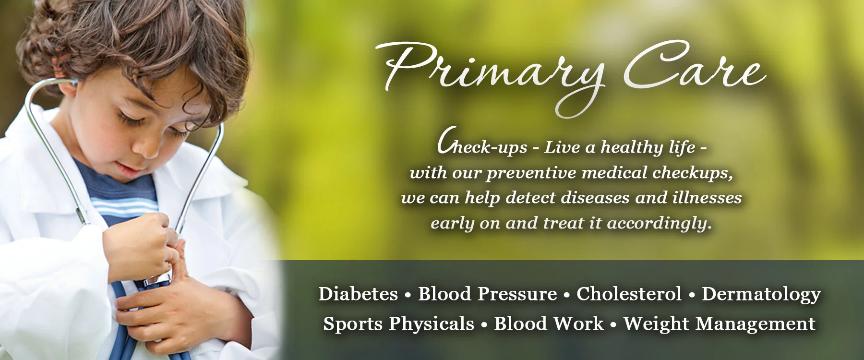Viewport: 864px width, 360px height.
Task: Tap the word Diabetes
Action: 358,294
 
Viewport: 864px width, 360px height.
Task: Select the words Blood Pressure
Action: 487,294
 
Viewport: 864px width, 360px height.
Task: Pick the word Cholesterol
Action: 629,294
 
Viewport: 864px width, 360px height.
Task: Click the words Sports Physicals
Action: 398,324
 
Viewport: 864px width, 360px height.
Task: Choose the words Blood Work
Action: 549,324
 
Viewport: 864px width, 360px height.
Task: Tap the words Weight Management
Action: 719,324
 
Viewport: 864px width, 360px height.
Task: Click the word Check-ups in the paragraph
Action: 482,146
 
